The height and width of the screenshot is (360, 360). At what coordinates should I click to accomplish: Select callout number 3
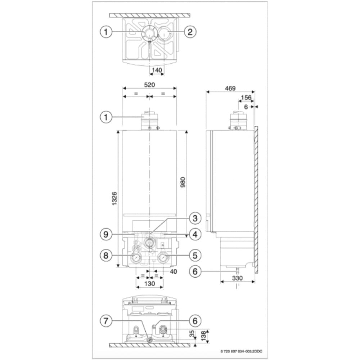[194, 218]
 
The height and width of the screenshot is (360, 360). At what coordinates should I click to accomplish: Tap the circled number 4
[194, 235]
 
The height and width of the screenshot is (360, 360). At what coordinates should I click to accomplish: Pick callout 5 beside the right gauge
[194, 256]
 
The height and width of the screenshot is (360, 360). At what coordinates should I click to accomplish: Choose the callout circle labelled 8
[106, 256]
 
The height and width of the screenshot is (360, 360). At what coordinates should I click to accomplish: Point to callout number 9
[106, 235]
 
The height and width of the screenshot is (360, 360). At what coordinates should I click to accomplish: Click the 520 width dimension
[149, 85]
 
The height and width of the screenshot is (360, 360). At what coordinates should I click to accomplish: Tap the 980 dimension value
[183, 184]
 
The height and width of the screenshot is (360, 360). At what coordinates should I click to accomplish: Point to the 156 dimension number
[246, 98]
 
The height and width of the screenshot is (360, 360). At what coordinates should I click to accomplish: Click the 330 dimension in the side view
[238, 278]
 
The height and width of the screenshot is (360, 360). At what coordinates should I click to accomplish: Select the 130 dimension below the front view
[149, 284]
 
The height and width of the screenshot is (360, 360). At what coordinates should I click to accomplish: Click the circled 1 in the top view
[106, 32]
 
